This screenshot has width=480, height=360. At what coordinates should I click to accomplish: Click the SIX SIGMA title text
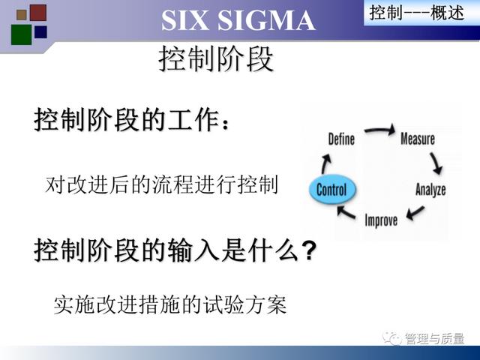pyautogui.click(x=238, y=20)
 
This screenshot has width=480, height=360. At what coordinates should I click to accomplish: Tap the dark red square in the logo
pyautogui.click(x=38, y=13)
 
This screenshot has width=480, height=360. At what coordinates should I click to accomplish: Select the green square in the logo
pyautogui.click(x=22, y=34)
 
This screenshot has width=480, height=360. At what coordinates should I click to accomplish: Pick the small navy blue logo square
pyautogui.click(x=40, y=32)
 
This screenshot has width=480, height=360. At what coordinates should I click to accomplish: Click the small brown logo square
pyautogui.click(x=22, y=15)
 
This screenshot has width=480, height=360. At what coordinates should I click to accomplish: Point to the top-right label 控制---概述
pyautogui.click(x=417, y=13)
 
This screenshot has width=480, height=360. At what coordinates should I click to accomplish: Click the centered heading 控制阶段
pyautogui.click(x=216, y=59)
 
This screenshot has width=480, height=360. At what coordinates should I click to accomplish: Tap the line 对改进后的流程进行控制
pyautogui.click(x=161, y=184)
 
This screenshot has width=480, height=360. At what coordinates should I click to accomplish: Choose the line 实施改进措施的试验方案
pyautogui.click(x=170, y=304)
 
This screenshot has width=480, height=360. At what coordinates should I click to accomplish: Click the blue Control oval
pyautogui.click(x=332, y=190)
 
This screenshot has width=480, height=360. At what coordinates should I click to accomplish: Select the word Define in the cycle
pyautogui.click(x=341, y=139)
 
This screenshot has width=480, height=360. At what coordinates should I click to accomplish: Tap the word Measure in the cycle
pyautogui.click(x=418, y=139)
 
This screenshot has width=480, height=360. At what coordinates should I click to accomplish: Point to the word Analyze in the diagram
pyautogui.click(x=430, y=190)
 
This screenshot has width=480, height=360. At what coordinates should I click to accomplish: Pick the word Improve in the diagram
pyautogui.click(x=381, y=220)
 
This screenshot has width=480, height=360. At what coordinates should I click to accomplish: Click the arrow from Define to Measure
pyautogui.click(x=379, y=130)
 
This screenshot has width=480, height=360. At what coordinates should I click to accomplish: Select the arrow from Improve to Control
pyautogui.click(x=346, y=212)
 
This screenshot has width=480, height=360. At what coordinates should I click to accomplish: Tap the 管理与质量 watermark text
pyautogui.click(x=434, y=338)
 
